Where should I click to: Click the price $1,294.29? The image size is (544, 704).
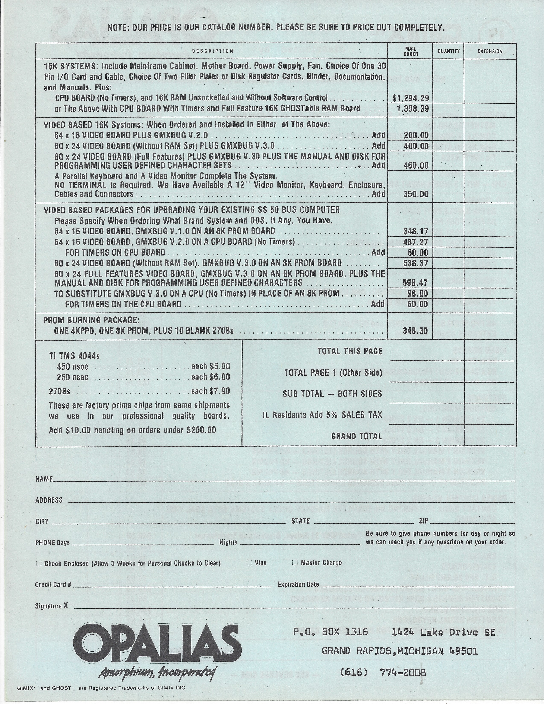pos(410,98)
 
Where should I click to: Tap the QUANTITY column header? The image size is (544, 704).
pos(449,51)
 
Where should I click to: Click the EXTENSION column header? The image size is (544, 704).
pos(490,51)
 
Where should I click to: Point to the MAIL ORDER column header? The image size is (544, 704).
pos(410,51)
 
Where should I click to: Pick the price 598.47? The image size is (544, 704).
pos(416,283)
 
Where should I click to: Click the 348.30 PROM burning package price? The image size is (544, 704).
pos(416,331)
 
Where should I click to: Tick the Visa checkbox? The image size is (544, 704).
pos(249,563)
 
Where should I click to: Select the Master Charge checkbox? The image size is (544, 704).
pos(295,563)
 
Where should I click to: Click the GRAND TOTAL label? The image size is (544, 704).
pos(357,436)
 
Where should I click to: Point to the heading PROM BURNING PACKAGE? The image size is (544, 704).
pos(92,320)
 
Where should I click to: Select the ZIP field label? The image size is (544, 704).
pos(424,521)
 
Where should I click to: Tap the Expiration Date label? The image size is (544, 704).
pos(298,584)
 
